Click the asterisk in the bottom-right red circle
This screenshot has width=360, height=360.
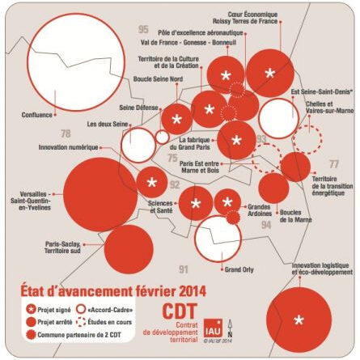pos(299,320)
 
